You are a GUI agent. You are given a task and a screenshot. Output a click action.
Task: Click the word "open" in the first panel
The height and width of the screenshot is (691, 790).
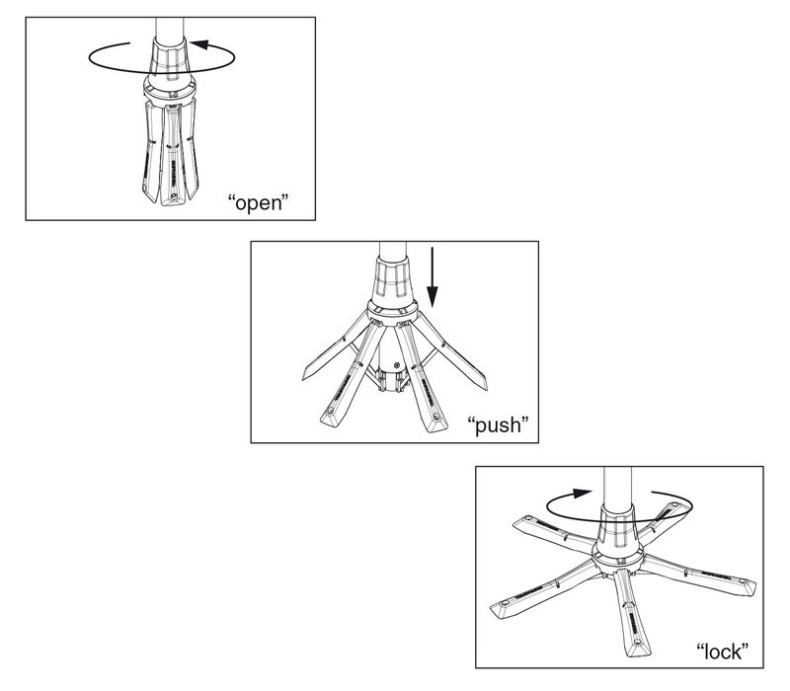coord(258,202)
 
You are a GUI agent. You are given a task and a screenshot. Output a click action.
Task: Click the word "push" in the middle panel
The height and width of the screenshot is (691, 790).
coord(498,424)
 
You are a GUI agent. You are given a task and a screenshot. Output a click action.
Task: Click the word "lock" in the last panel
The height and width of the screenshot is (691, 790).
coord(722,652)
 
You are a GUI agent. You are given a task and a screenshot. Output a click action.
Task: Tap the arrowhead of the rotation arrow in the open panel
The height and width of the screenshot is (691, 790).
coord(200,44)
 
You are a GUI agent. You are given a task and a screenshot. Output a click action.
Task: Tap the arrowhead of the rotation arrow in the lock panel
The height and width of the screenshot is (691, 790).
coord(583,493)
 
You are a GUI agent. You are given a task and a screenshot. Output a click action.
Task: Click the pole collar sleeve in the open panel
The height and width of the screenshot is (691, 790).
coord(169,56)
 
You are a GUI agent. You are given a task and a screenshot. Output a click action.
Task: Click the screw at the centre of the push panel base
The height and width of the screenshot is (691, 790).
coord(397,364)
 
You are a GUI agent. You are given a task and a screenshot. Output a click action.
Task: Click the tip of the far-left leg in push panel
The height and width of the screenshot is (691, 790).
coord(305,375)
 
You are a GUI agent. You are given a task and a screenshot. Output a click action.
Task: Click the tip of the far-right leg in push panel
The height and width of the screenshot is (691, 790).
coord(483,384)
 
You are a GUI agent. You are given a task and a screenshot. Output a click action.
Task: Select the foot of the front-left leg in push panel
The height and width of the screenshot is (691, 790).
coord(331,418)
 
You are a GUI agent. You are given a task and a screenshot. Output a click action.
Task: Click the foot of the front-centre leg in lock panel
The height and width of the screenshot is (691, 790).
coord(638,646)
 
